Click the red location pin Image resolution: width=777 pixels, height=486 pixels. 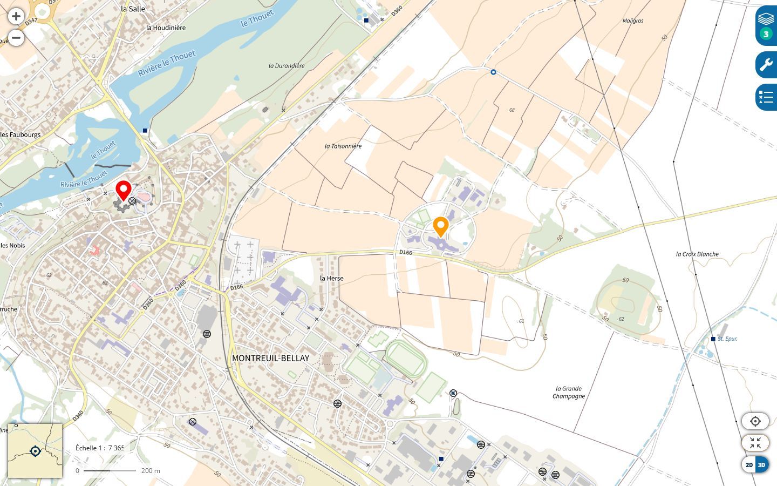point(124,191)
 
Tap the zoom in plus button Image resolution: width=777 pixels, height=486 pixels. point(16,16)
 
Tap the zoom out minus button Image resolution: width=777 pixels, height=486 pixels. point(16,38)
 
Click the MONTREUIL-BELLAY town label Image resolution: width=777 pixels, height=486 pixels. point(270,358)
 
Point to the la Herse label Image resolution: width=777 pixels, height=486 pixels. point(331,278)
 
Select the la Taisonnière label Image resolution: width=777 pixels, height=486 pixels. point(343,146)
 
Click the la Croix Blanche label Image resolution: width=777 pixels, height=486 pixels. point(697,254)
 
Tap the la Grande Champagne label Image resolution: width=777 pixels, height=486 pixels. point(569,392)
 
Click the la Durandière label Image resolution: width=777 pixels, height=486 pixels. point(287,65)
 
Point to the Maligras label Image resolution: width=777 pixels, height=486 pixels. point(633,21)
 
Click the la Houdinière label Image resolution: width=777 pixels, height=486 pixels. point(166,28)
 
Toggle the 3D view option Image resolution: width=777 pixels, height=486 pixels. point(761,465)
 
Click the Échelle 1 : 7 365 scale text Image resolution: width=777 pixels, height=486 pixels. point(100,448)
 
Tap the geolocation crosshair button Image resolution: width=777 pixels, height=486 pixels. point(755,421)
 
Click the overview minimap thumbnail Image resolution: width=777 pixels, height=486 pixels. point(35,451)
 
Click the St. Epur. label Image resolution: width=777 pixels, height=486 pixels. point(727,339)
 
